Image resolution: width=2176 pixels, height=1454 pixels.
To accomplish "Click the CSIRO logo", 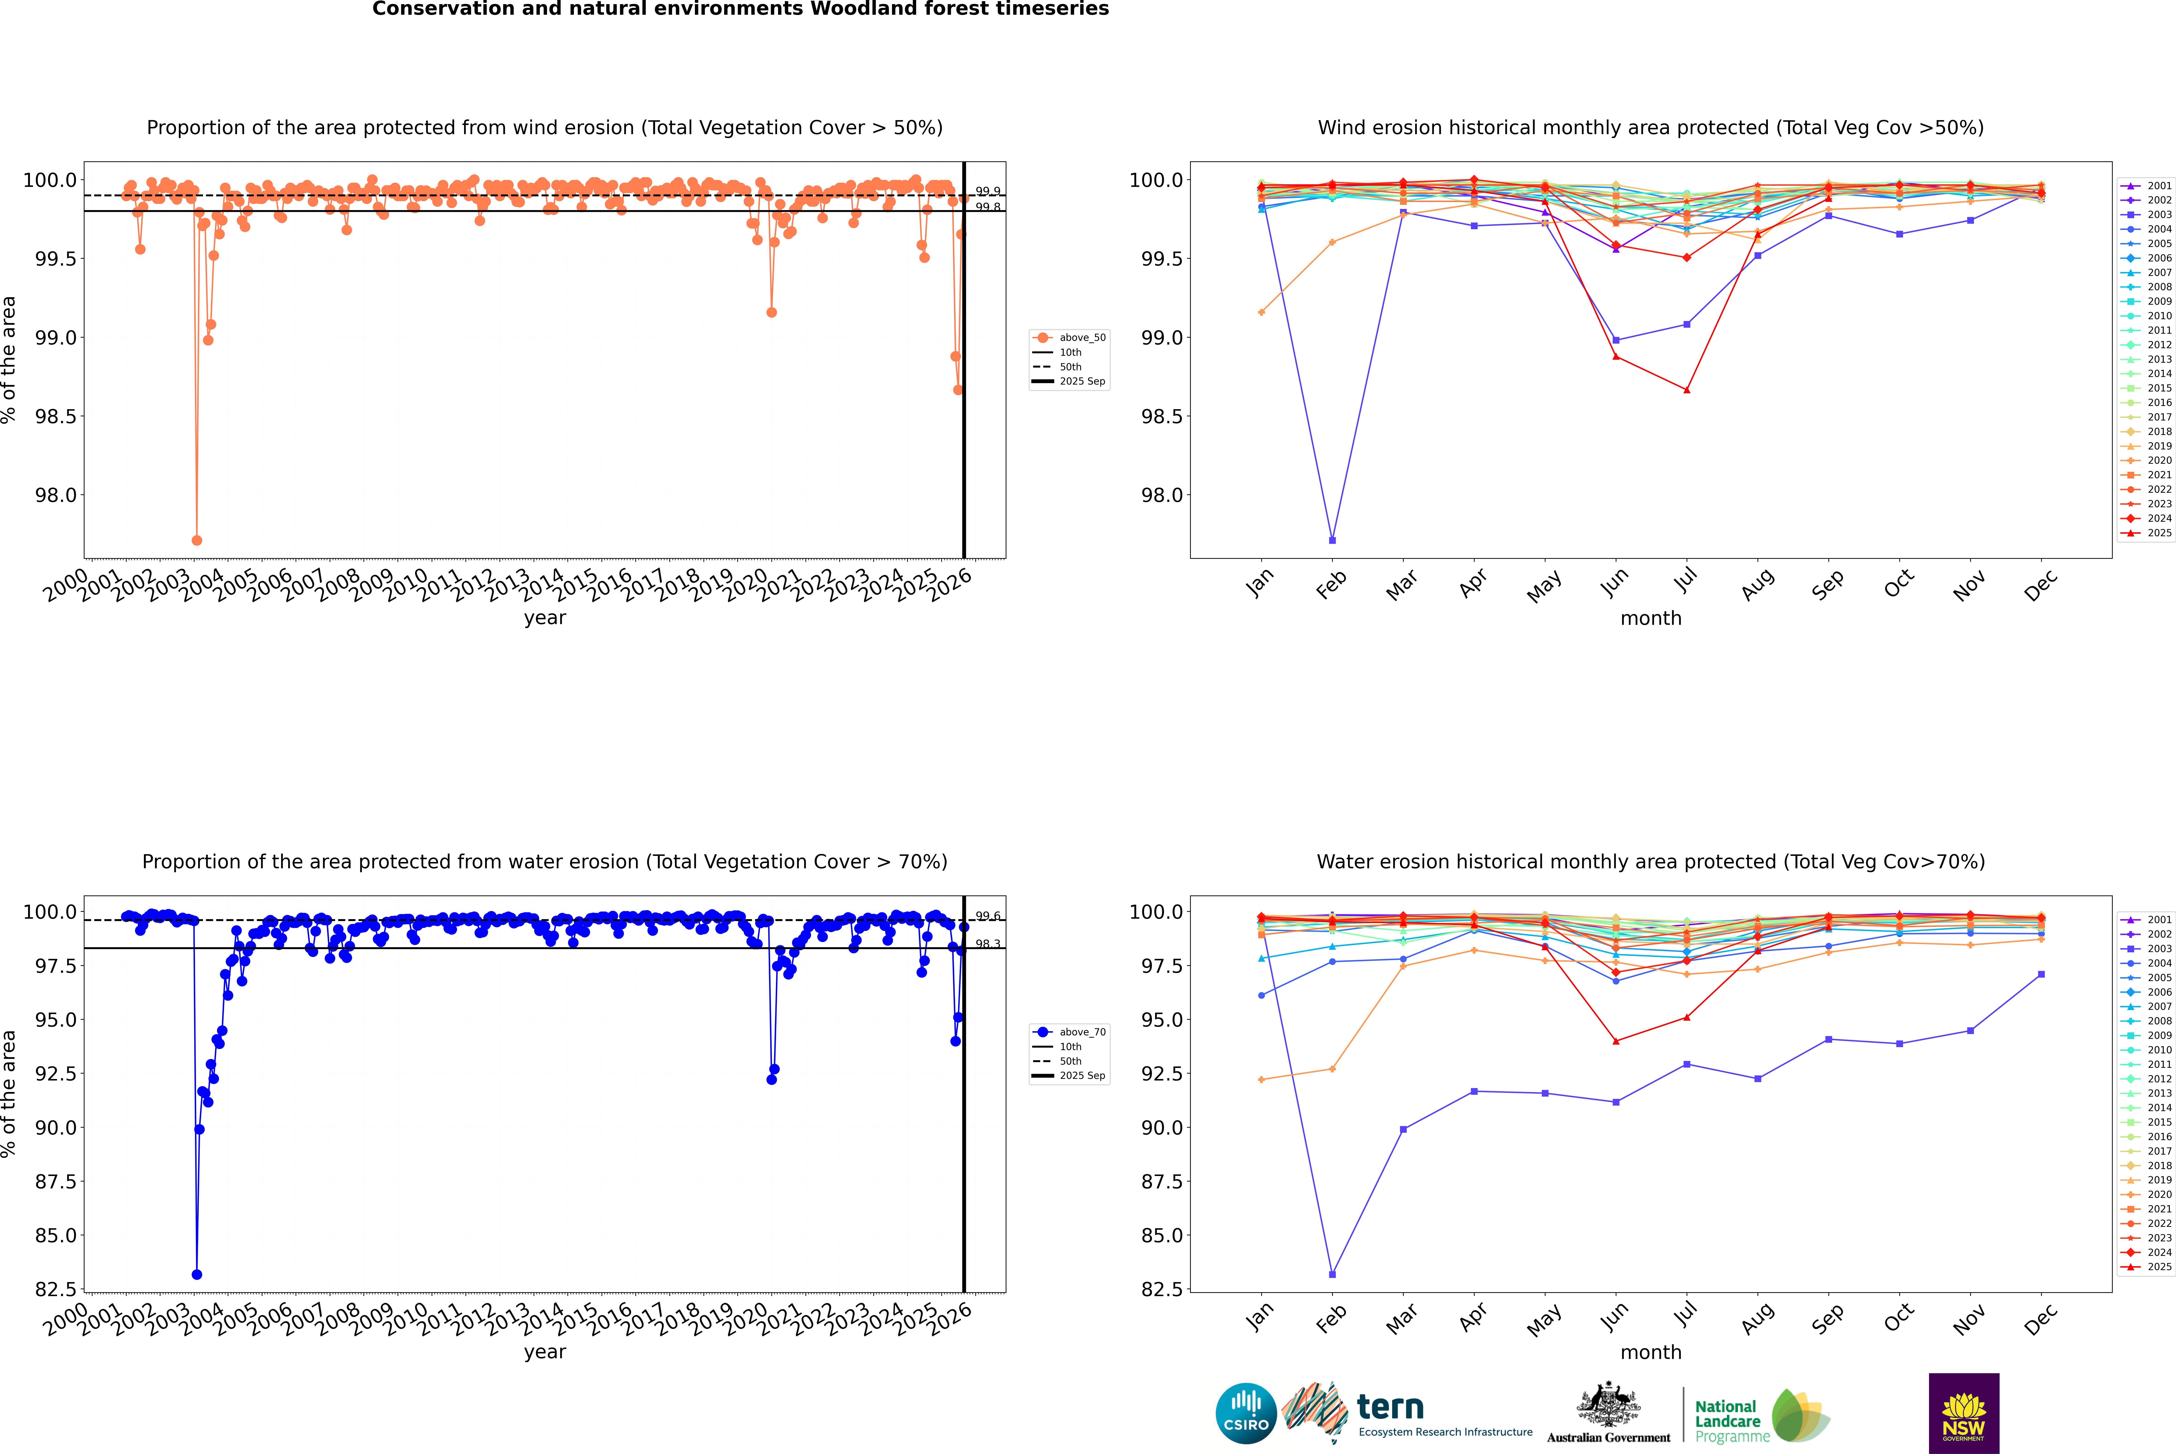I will click(x=1246, y=1413).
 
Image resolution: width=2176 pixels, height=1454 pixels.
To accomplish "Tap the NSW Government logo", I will click(x=1964, y=1413).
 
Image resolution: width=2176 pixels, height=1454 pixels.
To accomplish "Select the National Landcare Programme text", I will click(x=1727, y=1421).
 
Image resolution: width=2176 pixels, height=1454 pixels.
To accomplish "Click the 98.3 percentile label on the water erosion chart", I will click(x=988, y=944).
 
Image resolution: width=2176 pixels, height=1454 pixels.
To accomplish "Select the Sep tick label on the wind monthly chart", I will click(x=1827, y=585).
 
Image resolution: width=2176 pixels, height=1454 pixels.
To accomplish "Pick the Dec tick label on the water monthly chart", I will click(x=2041, y=1320).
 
